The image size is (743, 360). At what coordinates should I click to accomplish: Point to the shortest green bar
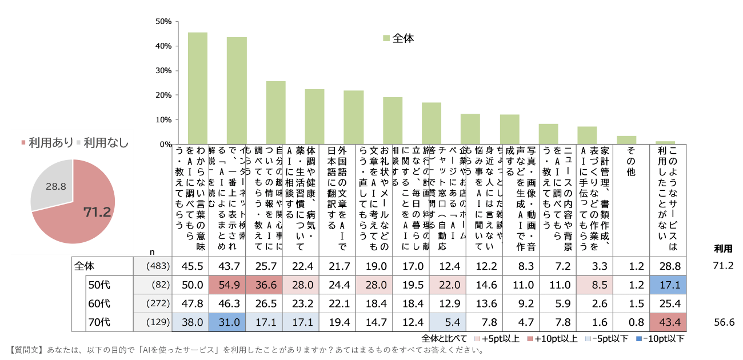coord(665,142)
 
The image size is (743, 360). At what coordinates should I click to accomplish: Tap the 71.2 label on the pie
coord(97,213)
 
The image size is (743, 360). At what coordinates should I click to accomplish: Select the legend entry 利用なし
coord(102,143)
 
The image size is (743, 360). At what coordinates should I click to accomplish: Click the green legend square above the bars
coord(387,38)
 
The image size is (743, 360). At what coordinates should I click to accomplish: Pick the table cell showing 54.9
coord(226,285)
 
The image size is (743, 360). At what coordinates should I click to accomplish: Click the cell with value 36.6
coord(263,285)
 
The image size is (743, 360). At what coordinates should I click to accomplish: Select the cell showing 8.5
coord(594,285)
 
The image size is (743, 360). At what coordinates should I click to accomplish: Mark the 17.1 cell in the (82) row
coord(668,285)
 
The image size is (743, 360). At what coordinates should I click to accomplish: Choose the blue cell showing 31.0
coord(226,322)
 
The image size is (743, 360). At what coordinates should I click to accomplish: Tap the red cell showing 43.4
coord(668,322)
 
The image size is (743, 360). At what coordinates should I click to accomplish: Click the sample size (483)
coord(152,266)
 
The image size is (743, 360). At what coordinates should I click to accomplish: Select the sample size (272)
coord(152,303)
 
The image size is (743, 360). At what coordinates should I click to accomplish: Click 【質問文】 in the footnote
coord(26,350)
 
